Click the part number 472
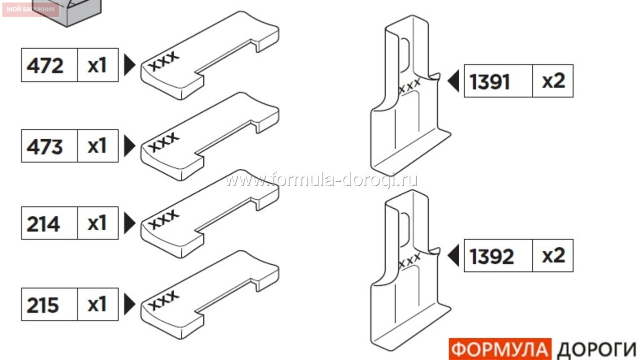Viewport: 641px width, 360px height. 45,66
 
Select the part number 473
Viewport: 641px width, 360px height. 45,147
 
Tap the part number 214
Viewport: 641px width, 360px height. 44,224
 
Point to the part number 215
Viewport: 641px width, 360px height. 43,305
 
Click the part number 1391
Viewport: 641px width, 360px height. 490,82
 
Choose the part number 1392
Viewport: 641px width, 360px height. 492,256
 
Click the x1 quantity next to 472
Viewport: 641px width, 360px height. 97,66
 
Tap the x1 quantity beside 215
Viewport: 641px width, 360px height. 97,304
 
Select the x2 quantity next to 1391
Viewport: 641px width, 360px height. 554,81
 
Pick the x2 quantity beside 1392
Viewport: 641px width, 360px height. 554,255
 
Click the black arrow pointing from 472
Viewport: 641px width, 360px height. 130,65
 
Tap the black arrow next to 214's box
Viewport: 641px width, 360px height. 130,223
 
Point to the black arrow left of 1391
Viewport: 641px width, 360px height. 453,81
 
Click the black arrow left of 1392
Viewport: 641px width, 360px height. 453,255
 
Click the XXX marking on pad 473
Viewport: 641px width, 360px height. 164,142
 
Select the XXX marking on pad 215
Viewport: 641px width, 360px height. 164,300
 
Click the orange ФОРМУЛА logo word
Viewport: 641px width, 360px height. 500,349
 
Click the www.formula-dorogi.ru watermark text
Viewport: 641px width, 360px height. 321,180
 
